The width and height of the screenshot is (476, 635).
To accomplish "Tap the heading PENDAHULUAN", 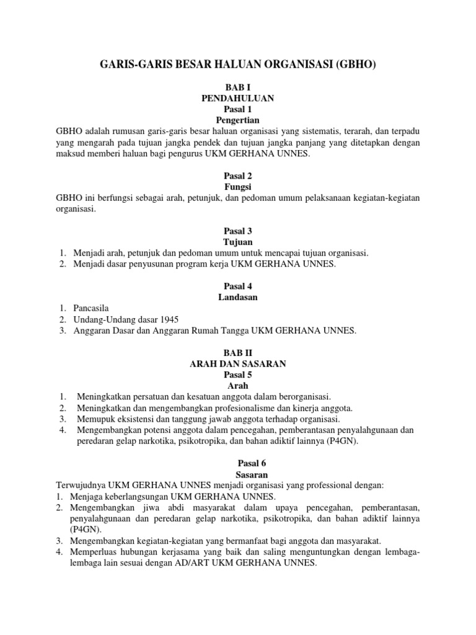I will pyautogui.click(x=237, y=98).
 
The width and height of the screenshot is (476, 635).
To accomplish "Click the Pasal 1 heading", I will pyautogui.click(x=237, y=109).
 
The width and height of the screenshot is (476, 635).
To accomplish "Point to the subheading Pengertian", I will pyautogui.click(x=237, y=119).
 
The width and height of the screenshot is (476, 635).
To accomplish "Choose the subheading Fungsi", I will pyautogui.click(x=237, y=187).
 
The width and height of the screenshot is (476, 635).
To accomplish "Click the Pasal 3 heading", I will pyautogui.click(x=237, y=231).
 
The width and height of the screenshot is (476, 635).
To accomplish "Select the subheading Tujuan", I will pyautogui.click(x=237, y=242).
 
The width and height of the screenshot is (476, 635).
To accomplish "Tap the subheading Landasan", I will pyautogui.click(x=237, y=297).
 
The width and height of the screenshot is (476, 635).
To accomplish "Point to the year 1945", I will pyautogui.click(x=167, y=319).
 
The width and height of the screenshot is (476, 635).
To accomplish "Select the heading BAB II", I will pyautogui.click(x=237, y=352).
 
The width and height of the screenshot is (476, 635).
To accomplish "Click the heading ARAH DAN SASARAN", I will pyautogui.click(x=237, y=363).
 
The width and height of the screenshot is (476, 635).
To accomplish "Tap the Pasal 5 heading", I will pyautogui.click(x=237, y=375).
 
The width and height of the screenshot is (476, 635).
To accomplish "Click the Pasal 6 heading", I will pyautogui.click(x=237, y=463).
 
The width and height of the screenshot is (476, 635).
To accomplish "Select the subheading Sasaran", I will pyautogui.click(x=237, y=474).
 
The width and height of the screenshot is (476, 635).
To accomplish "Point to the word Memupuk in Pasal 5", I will pyautogui.click(x=95, y=419).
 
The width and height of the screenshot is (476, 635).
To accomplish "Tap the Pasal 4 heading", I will pyautogui.click(x=237, y=286).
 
